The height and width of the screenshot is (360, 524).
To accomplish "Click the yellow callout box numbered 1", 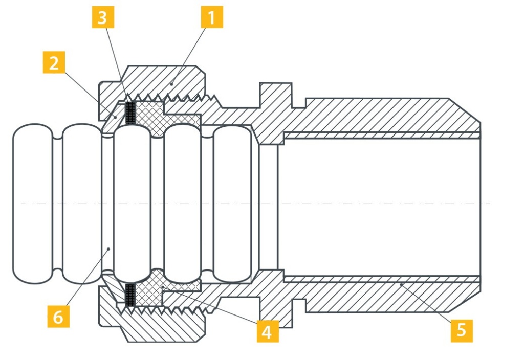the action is click(212, 17).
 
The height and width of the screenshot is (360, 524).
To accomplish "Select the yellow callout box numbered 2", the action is click(54, 62).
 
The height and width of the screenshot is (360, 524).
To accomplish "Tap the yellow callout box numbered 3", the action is click(102, 17).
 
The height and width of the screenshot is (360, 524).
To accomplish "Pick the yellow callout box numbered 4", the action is click(268, 331).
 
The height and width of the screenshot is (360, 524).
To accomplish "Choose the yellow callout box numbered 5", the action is click(462, 331).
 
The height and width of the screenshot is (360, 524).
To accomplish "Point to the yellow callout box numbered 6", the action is click(58, 316).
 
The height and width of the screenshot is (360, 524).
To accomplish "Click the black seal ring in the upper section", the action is click(130, 113).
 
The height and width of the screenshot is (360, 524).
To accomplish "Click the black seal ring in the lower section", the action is click(130, 295).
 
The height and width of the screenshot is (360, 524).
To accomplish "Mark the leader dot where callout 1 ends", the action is click(172, 84).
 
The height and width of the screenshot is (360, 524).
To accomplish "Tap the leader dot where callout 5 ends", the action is click(401, 284).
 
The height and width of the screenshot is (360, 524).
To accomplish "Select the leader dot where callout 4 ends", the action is click(163, 287).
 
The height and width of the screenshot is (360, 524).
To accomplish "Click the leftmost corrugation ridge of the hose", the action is click(33, 204).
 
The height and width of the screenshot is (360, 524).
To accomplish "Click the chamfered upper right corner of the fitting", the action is click(465, 108).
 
